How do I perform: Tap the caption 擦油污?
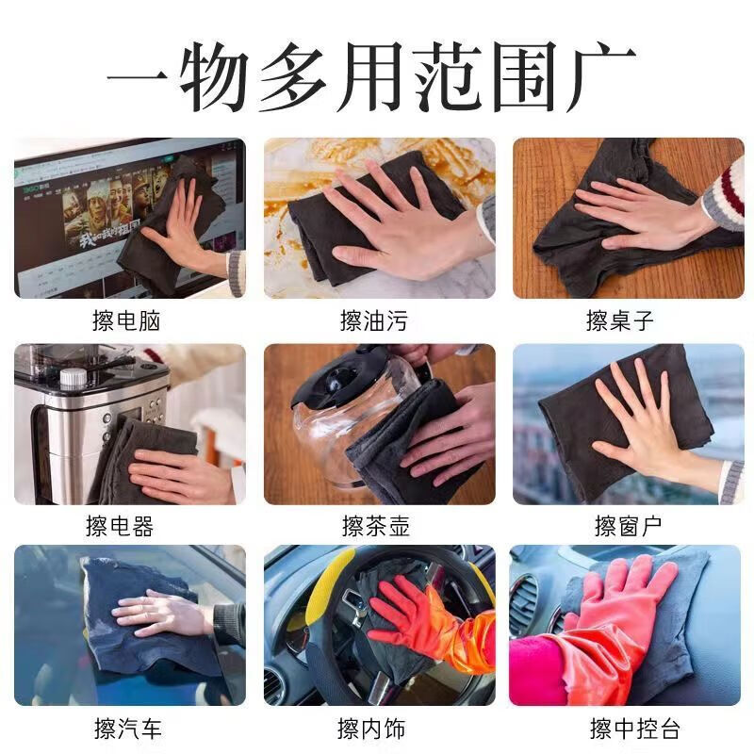[x=374, y=321]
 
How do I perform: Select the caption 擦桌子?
[x=620, y=321]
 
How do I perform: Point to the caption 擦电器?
[x=120, y=526]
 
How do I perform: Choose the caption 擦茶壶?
[x=374, y=526]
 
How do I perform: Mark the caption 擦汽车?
[x=128, y=729]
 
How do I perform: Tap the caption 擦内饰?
[x=374, y=729]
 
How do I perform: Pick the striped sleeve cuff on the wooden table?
[x=727, y=194]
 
